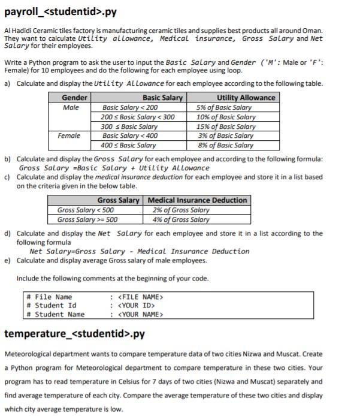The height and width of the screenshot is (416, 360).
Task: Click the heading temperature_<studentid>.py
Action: click(x=74, y=333)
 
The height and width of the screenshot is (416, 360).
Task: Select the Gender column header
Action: click(x=75, y=98)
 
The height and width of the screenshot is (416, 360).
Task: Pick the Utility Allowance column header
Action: click(x=246, y=98)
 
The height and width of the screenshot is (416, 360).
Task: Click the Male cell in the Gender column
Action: click(x=71, y=107)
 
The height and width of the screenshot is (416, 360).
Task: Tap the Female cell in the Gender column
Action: click(x=69, y=136)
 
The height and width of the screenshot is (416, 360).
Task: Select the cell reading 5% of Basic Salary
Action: click(x=224, y=107)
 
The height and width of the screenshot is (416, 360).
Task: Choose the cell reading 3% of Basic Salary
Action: click(x=225, y=136)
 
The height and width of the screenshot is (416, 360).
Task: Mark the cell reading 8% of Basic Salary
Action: click(x=225, y=145)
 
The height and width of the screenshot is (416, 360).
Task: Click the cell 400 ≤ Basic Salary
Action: click(x=128, y=145)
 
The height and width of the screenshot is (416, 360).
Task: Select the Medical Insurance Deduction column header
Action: click(x=197, y=200)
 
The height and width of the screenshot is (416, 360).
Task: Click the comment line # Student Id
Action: click(x=52, y=305)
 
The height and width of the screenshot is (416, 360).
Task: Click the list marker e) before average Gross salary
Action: click(x=8, y=261)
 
